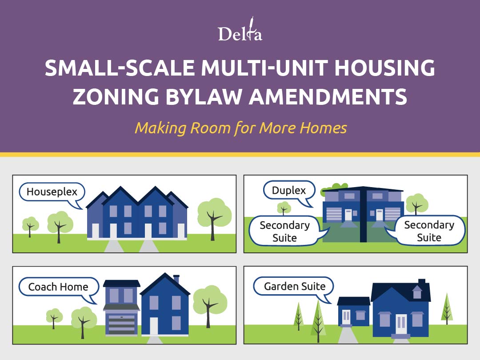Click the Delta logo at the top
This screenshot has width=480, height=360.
point(240,30)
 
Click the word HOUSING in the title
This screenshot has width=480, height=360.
point(384,68)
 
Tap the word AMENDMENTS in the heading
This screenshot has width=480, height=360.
point(328,96)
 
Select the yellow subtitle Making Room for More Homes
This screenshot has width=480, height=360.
point(240,128)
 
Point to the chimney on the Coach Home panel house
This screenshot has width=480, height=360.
point(176,279)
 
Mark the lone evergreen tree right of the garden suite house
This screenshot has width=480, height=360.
point(447,308)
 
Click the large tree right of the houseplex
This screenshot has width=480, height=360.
point(214,218)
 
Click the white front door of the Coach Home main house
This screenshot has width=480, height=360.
point(154,326)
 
